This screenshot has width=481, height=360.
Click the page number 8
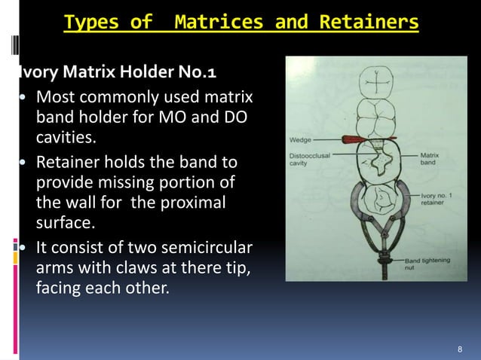(461, 350)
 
